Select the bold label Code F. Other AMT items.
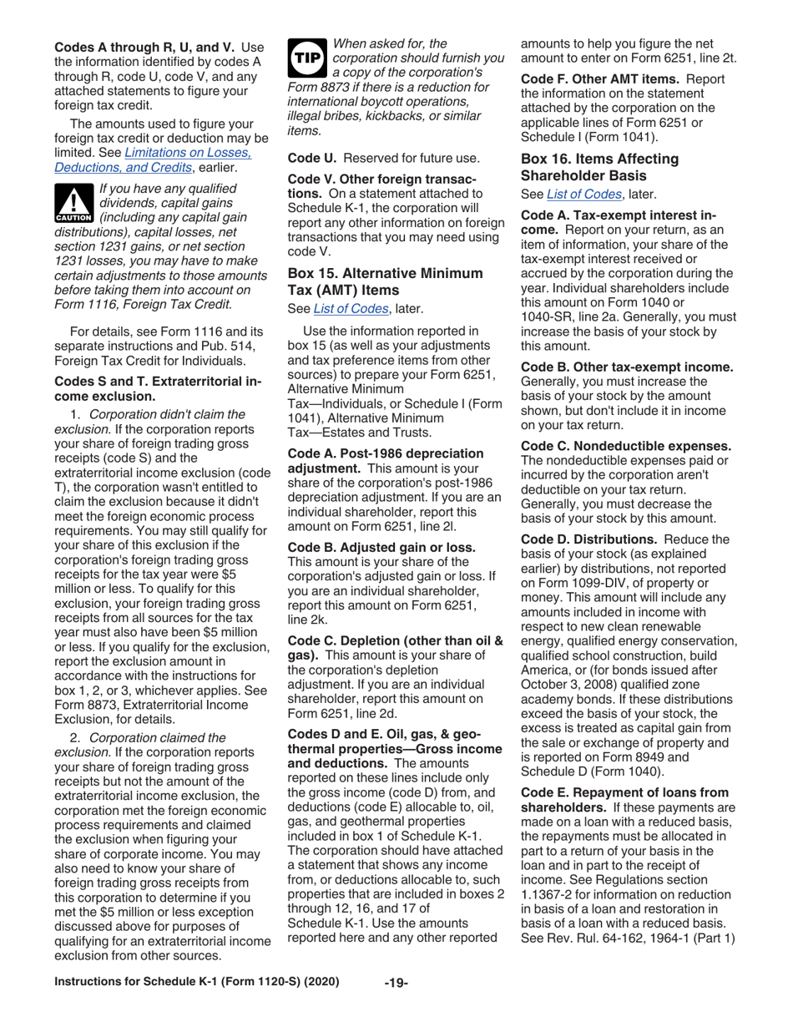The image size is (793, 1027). click(x=595, y=79)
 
